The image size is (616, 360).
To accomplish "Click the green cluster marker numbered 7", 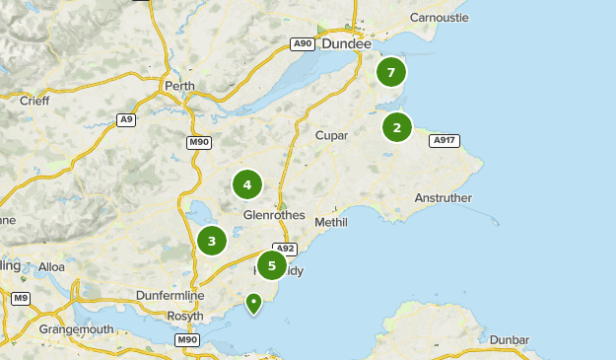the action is click(391, 72).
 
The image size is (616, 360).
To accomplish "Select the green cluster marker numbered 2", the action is click(397, 127).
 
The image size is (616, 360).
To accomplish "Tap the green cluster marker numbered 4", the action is click(247, 184).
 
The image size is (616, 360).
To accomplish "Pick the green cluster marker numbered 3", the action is click(212, 240).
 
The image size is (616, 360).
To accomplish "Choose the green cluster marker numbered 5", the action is click(271, 264).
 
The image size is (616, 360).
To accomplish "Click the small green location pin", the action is click(254, 303).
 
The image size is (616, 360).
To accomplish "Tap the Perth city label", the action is click(179, 86).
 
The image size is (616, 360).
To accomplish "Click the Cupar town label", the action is click(332, 135).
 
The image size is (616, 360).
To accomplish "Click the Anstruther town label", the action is click(443, 198).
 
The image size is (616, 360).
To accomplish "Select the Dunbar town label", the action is click(509, 339).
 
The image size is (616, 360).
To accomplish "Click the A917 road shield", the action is click(444, 141).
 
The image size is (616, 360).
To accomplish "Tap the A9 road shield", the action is click(125, 119).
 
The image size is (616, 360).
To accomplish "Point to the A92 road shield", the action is click(285, 249).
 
